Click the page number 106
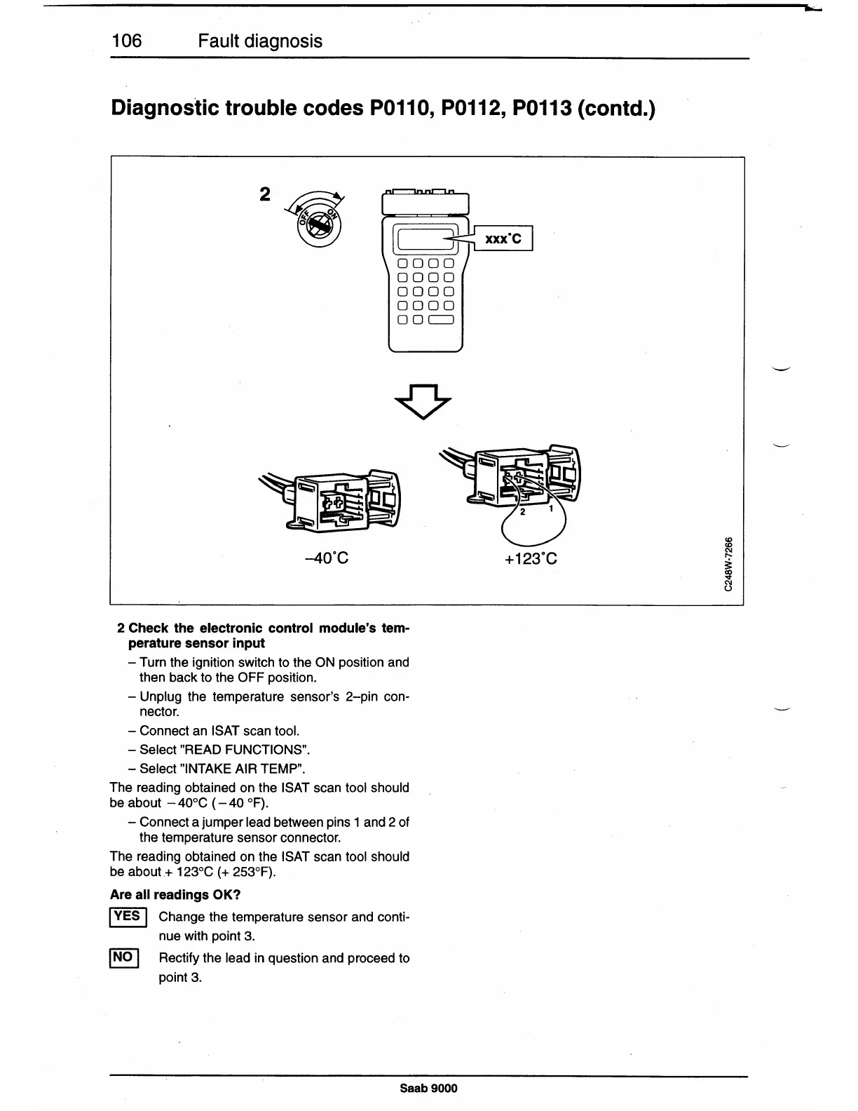[127, 41]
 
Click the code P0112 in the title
[462, 109]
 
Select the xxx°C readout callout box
[503, 238]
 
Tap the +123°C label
[531, 558]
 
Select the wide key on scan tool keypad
[442, 321]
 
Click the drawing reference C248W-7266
[730, 563]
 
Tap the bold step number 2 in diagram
[264, 194]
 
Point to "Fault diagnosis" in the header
[260, 41]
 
